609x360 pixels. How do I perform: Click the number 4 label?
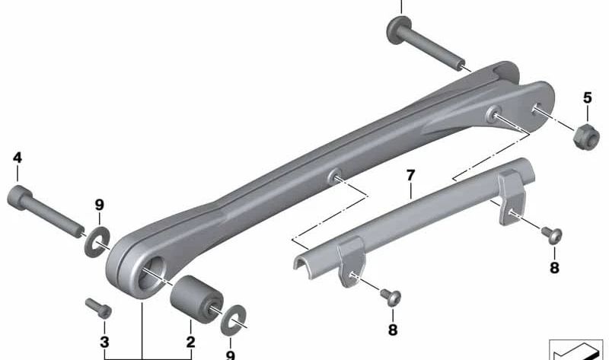(x=17, y=158)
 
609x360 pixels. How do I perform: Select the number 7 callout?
(x=410, y=176)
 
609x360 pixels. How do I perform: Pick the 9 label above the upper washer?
(x=98, y=204)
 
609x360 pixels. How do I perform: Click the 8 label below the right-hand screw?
(x=554, y=267)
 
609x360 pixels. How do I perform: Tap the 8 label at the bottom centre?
(x=393, y=330)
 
